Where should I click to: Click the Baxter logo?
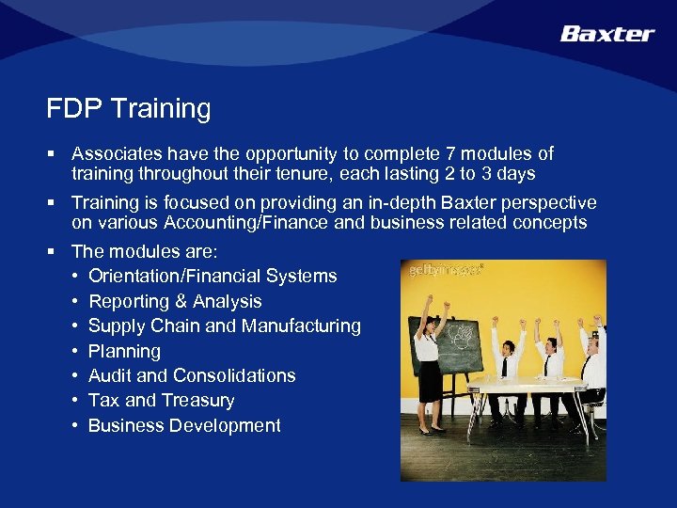pyautogui.click(x=606, y=34)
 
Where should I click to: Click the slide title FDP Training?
pyautogui.click(x=129, y=109)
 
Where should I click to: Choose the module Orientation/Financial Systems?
pyautogui.click(x=213, y=277)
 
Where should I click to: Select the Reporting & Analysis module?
pyautogui.click(x=175, y=301)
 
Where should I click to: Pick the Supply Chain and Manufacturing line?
pyautogui.click(x=224, y=326)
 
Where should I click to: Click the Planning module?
pyautogui.click(x=124, y=351)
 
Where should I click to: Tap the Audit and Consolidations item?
pyautogui.click(x=192, y=375)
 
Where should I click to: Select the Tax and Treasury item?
pyautogui.click(x=161, y=401)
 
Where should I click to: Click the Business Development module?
pyautogui.click(x=184, y=425)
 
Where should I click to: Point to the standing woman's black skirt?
pyautogui.click(x=431, y=380)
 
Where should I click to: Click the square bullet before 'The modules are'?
pyautogui.click(x=58, y=252)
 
